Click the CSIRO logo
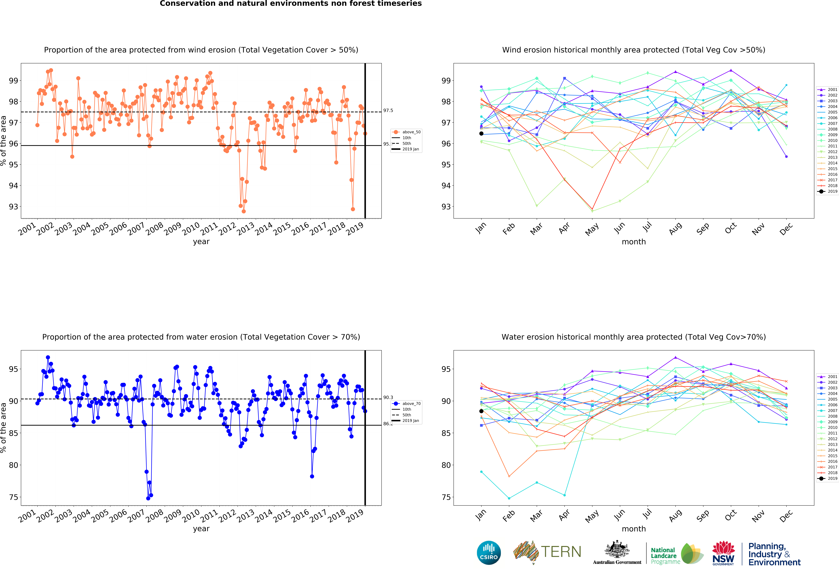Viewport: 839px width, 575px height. click(489, 553)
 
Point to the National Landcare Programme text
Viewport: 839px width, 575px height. click(663, 556)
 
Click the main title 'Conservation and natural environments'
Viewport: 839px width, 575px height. click(291, 4)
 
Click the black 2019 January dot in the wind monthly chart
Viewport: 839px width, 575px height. click(481, 134)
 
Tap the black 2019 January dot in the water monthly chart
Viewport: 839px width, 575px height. click(481, 411)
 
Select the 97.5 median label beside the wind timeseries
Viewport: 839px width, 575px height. click(388, 110)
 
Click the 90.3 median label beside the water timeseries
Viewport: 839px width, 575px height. click(388, 397)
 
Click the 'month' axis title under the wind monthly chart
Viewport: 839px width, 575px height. click(634, 242)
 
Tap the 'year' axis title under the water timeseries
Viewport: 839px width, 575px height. click(201, 529)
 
